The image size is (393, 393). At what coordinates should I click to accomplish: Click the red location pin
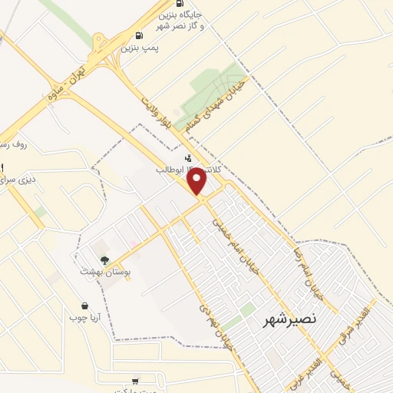pos(198,181)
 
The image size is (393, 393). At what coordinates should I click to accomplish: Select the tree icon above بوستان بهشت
pos(104,259)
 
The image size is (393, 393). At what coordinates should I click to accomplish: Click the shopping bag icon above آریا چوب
pos(84,305)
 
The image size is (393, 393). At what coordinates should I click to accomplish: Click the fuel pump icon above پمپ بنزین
pos(138,35)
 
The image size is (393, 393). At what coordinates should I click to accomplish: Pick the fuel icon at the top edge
pos(179,3)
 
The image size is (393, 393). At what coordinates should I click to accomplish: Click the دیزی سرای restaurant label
pos(15,180)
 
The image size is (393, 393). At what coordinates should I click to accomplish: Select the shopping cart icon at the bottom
pos(136,381)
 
